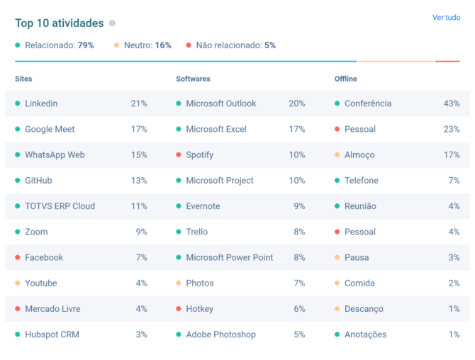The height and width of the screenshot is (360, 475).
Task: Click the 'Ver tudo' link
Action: (x=446, y=18)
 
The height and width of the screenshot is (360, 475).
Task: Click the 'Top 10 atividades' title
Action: (x=59, y=23)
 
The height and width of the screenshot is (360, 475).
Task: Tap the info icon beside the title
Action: (x=112, y=23)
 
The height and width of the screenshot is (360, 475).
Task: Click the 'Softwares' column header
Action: (x=193, y=79)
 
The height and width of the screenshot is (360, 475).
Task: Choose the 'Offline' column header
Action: (x=345, y=79)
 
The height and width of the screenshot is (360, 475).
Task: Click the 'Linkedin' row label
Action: (x=41, y=103)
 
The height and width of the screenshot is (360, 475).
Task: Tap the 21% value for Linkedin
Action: (x=139, y=103)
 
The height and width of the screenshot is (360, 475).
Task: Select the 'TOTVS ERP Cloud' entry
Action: (x=60, y=206)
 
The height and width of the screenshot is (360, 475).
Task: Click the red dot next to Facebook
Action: (x=18, y=257)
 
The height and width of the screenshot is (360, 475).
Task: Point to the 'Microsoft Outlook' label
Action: (x=220, y=103)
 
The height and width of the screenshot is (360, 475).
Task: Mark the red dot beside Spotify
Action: (x=179, y=154)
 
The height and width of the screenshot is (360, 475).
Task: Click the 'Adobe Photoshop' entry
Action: (x=220, y=334)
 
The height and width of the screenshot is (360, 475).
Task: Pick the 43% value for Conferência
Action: (x=452, y=103)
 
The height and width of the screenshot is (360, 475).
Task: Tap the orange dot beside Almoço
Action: (x=337, y=154)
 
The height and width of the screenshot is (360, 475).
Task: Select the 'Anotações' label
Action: (x=365, y=334)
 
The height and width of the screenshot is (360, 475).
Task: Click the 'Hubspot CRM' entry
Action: (x=52, y=334)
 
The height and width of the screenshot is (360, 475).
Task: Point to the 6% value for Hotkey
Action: (x=299, y=309)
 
